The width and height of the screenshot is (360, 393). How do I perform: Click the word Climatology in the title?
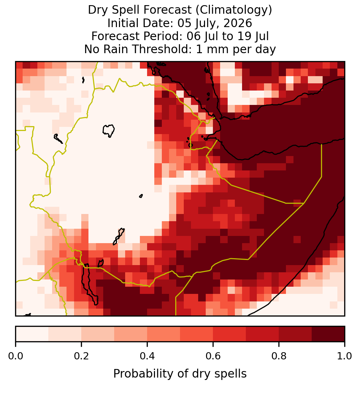(x=233, y=10)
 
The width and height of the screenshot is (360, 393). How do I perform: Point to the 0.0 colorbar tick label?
(x=15, y=356)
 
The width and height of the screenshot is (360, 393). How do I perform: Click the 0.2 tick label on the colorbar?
(x=81, y=356)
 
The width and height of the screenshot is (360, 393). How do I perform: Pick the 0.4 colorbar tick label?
(x=147, y=356)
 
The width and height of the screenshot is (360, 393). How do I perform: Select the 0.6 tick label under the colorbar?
(x=213, y=356)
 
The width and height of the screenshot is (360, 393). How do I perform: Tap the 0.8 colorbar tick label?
(x=279, y=356)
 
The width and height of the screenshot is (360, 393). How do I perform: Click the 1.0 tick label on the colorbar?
(x=345, y=356)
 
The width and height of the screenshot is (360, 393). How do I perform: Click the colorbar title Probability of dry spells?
(x=180, y=374)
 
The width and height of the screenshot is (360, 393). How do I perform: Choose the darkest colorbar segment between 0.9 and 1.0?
(x=328, y=334)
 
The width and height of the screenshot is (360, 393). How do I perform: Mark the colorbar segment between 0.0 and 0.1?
(x=32, y=334)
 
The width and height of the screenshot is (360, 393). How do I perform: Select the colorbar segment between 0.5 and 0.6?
(x=196, y=334)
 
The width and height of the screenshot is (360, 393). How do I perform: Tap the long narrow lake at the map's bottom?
(x=89, y=284)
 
